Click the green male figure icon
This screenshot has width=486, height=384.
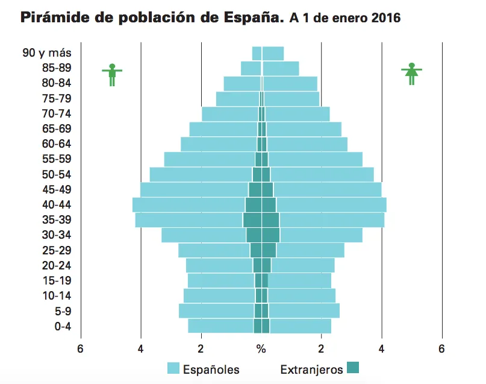(x=112, y=74)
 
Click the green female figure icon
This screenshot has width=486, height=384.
(x=411, y=74)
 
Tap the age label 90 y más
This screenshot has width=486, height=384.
(x=47, y=53)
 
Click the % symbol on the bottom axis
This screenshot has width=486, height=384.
(x=261, y=349)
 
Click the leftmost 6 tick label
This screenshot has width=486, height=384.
(x=80, y=349)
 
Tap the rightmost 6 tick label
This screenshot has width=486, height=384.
(x=441, y=349)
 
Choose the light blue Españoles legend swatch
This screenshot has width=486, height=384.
(x=173, y=368)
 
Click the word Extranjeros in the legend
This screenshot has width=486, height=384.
(x=311, y=370)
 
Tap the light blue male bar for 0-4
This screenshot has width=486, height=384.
(x=220, y=326)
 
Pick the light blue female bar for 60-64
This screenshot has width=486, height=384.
(x=307, y=144)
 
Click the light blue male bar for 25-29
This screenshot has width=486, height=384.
(x=214, y=250)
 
